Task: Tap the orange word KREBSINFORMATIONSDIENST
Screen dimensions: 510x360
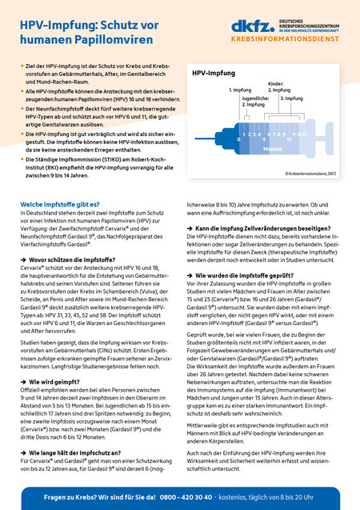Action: click(293, 37)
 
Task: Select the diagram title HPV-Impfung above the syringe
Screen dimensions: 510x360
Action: click(214, 73)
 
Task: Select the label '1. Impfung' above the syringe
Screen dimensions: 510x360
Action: click(240, 90)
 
